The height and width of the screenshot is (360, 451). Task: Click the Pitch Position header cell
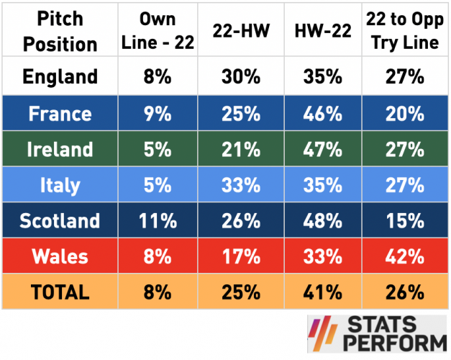click(x=60, y=31)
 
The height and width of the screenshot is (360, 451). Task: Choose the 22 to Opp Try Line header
click(x=402, y=31)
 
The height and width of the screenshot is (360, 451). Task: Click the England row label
click(x=60, y=76)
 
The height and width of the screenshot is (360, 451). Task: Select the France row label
click(x=60, y=113)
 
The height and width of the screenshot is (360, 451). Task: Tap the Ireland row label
click(x=60, y=149)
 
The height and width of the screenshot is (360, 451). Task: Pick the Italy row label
click(x=60, y=185)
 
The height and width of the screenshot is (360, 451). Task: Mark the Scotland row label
click(x=60, y=221)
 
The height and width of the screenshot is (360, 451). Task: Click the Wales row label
click(x=60, y=256)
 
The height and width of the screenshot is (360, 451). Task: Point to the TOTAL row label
click(x=60, y=292)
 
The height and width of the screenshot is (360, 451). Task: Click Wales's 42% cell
click(x=402, y=256)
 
